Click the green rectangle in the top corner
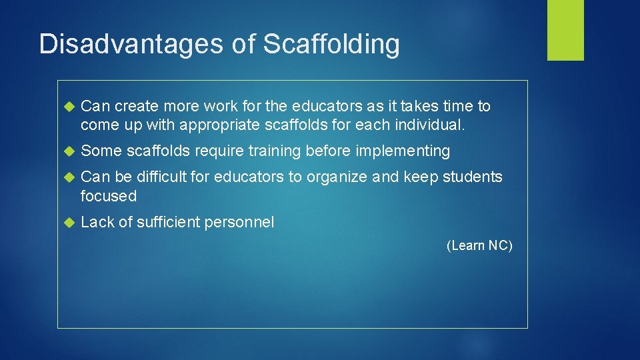coord(565,30)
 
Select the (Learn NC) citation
coord(479,245)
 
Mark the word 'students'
coord(471,177)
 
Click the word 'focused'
coord(108,196)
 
